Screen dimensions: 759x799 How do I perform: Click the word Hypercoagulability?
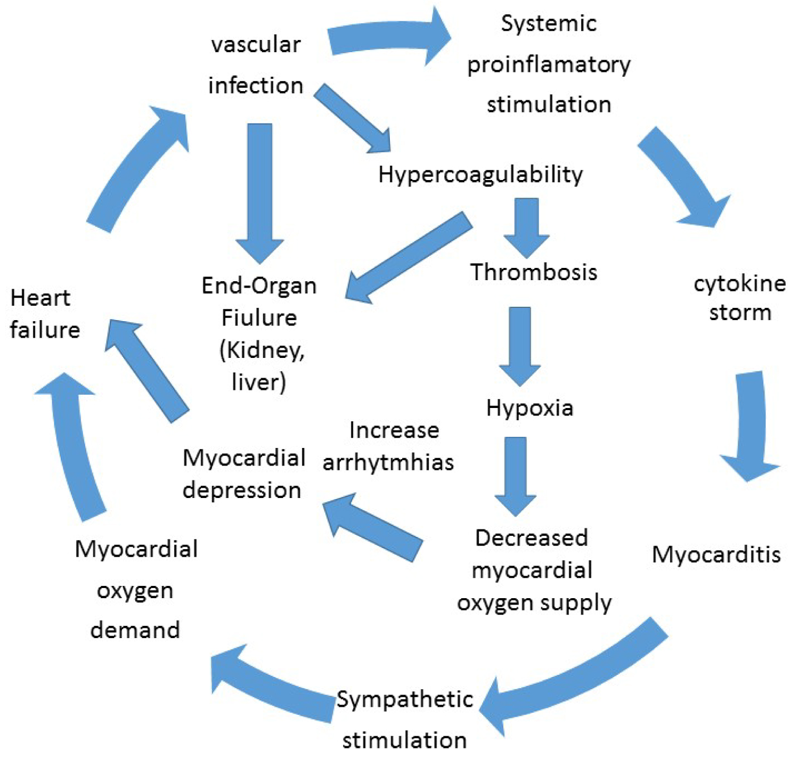tap(480, 175)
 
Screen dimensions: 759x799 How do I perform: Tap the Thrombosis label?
tap(533, 272)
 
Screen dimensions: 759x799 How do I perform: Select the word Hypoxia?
tap(529, 408)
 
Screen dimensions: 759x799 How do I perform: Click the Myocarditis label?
tap(716, 554)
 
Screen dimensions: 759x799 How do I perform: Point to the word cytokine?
tap(739, 283)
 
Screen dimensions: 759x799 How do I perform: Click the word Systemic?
tap(549, 24)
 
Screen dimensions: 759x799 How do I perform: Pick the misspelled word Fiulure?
tap(259, 318)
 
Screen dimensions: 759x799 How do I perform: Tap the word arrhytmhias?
tap(388, 462)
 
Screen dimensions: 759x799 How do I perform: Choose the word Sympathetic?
tap(405, 699)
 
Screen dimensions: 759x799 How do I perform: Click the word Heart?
tap(40, 298)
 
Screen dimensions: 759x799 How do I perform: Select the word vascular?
tap(256, 45)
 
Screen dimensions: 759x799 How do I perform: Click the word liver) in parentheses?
tap(259, 382)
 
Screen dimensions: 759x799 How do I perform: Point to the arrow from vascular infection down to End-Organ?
tap(260, 192)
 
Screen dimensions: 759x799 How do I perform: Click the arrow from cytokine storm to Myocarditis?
tap(752, 426)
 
